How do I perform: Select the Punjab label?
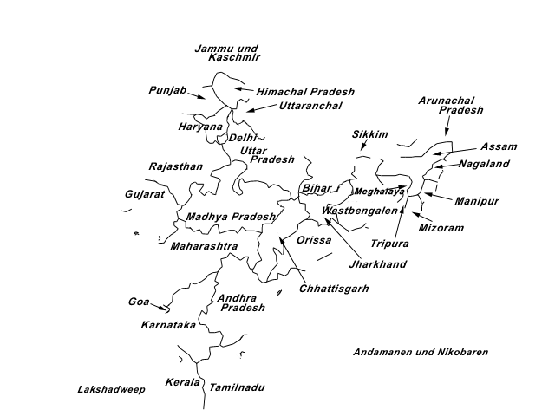point(167,89)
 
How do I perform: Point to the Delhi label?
point(242,138)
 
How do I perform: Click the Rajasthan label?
point(176,166)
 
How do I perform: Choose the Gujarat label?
point(144,194)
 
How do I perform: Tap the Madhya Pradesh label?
point(231,217)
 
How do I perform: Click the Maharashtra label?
point(204,246)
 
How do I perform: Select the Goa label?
point(139,302)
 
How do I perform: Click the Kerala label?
point(183,382)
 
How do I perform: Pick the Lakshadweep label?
point(111,390)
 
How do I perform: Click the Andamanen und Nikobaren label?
point(421,353)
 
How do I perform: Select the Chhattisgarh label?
point(334,289)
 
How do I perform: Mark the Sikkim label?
point(369,134)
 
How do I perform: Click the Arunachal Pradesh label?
point(450,106)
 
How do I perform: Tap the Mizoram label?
point(441,228)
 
